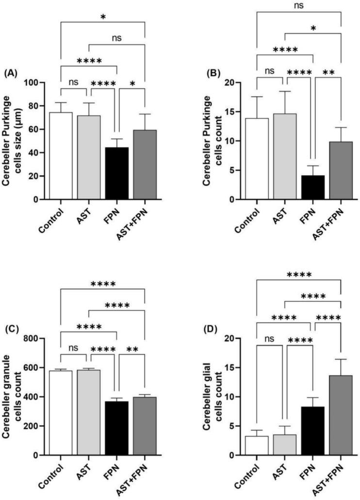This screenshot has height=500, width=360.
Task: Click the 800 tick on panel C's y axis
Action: tap(39, 338)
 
